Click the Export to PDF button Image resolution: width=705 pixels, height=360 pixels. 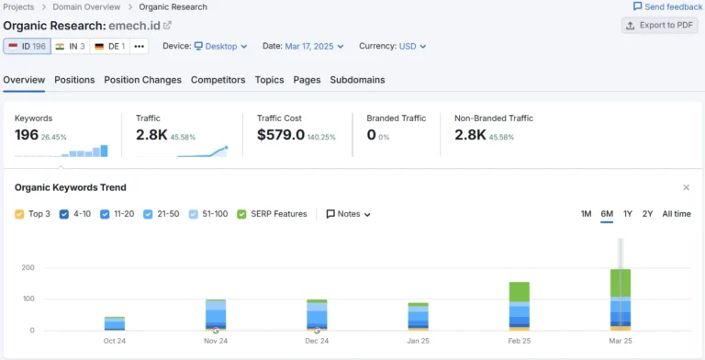660,25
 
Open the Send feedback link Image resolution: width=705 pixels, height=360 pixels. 667,6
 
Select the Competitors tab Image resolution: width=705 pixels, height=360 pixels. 218,80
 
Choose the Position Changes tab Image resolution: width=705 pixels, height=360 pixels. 142,80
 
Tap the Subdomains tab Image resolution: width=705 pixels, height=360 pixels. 357,80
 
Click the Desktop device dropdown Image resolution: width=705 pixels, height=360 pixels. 220,46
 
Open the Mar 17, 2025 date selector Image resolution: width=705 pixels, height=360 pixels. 314,46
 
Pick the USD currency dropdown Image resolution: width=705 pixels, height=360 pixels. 413,46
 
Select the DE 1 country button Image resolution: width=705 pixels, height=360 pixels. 110,46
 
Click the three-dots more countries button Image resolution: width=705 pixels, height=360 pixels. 140,46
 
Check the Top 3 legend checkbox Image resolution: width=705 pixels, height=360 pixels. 19,214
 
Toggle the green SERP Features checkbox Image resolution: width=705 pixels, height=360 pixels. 241,214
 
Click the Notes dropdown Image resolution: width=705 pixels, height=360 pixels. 349,214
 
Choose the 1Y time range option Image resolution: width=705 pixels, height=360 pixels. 628,214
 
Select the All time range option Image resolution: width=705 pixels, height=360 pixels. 677,214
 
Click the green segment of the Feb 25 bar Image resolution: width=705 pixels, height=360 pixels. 520,292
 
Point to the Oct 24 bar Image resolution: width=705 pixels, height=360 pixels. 115,323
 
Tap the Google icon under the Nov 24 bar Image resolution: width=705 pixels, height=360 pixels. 216,331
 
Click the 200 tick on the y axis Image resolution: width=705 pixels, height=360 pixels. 28,268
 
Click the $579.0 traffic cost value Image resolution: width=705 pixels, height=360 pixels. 281,135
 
